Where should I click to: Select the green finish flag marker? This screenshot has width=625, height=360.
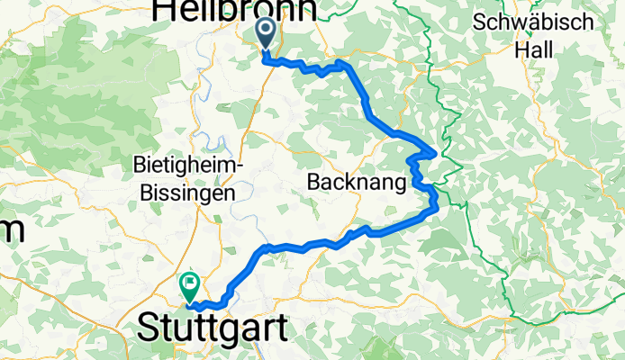coord(190,286)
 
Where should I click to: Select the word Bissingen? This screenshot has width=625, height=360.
coord(184,192)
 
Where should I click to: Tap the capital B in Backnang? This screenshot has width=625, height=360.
coord(315,181)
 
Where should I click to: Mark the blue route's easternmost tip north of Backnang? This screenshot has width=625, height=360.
coord(437,151)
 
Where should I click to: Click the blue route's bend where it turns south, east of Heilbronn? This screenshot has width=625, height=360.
coord(342,65)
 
